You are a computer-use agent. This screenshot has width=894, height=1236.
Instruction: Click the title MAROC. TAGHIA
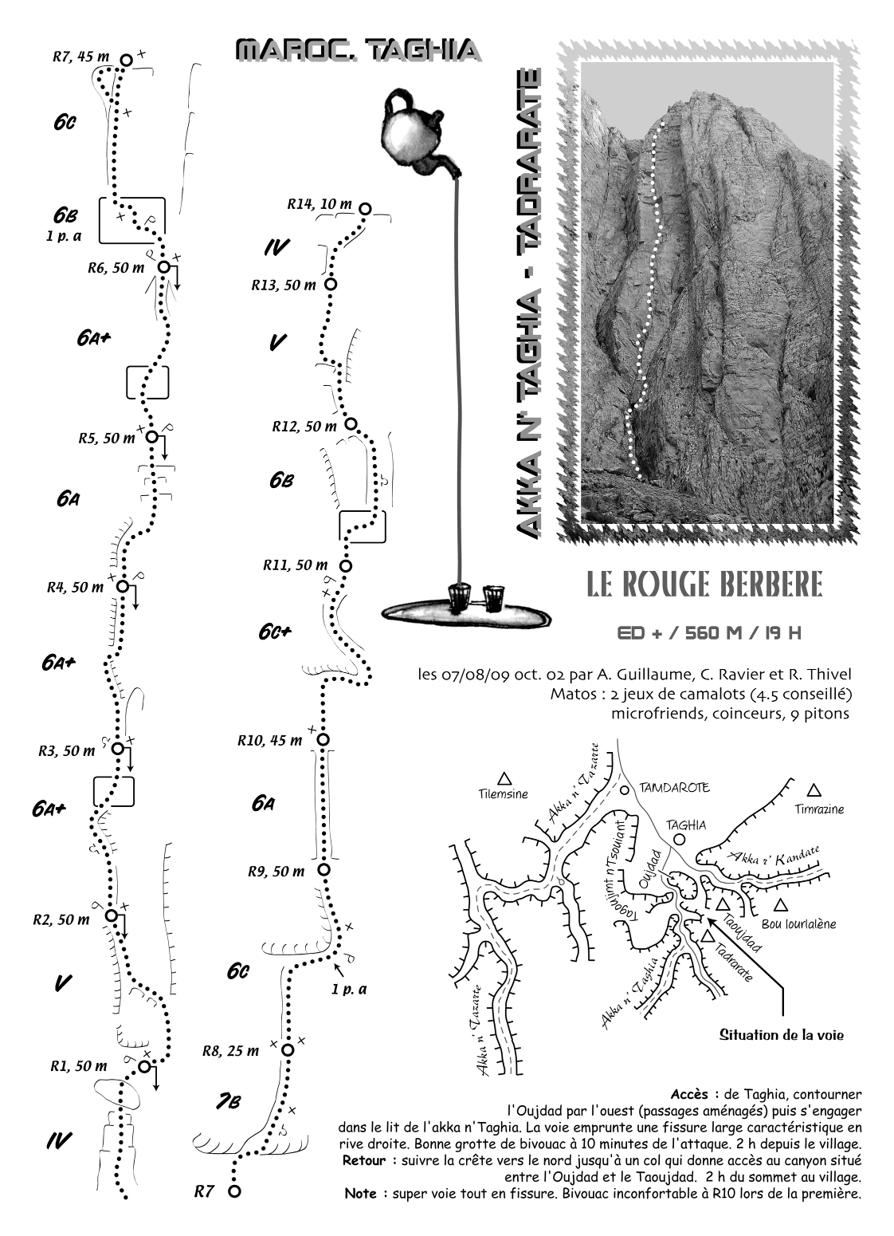[x=359, y=50]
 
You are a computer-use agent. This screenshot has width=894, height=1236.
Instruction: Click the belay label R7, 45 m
[x=81, y=57]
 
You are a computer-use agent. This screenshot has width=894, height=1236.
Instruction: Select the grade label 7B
[x=228, y=1103]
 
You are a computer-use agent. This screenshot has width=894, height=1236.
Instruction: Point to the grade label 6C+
[x=275, y=632]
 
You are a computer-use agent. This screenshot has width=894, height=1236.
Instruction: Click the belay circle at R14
[x=365, y=209]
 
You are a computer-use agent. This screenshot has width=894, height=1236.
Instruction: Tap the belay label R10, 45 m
[x=269, y=741]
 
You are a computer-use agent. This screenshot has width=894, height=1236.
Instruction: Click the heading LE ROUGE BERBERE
[x=704, y=584]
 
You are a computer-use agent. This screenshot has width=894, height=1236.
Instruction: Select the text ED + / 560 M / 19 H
[x=709, y=633]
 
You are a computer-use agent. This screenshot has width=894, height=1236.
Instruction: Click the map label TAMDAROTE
[x=674, y=787]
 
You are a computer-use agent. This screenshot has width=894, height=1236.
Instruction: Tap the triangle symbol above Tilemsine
[x=504, y=778]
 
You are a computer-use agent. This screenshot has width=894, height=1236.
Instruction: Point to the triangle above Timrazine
[x=814, y=791]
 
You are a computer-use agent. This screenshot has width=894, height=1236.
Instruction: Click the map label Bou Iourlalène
[x=798, y=923]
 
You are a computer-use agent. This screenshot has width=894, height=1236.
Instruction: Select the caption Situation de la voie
[x=782, y=1034]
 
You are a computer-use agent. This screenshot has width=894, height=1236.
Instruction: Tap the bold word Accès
[x=689, y=1094]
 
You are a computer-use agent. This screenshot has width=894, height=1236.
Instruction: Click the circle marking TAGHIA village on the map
[x=680, y=839]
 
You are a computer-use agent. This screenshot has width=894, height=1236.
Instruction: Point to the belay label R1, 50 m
[x=79, y=1066]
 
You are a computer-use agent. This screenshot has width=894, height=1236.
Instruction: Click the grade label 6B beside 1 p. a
[x=65, y=215]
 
